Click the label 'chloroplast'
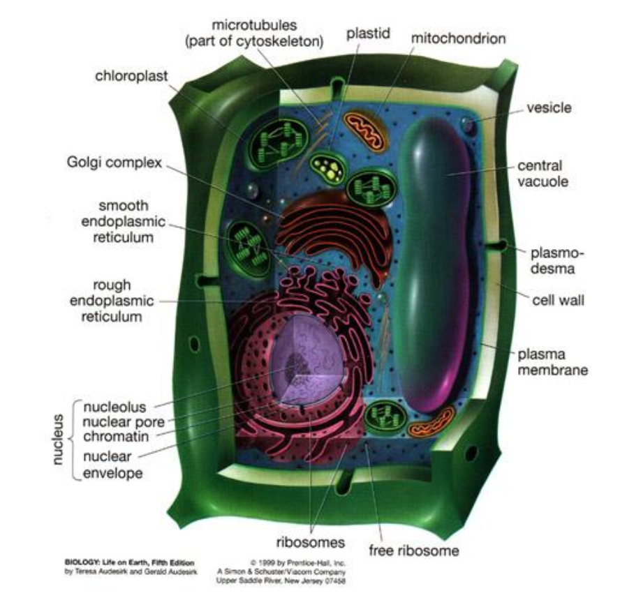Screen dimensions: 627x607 131,76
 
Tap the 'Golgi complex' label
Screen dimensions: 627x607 115,163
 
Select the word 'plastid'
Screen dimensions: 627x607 368,34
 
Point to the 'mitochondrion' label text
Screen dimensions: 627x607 458,39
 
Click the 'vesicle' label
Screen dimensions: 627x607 549,108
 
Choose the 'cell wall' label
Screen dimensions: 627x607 558,300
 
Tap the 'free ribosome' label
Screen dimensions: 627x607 414,550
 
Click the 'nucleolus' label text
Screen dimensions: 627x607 115,407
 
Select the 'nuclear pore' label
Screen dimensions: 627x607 124,422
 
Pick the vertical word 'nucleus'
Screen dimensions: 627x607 58,439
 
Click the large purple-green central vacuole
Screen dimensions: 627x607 434,264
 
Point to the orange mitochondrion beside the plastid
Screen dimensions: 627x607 367,131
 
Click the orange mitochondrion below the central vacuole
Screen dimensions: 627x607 431,422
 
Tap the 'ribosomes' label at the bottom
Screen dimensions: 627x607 310,543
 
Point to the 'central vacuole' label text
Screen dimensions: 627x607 543,174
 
